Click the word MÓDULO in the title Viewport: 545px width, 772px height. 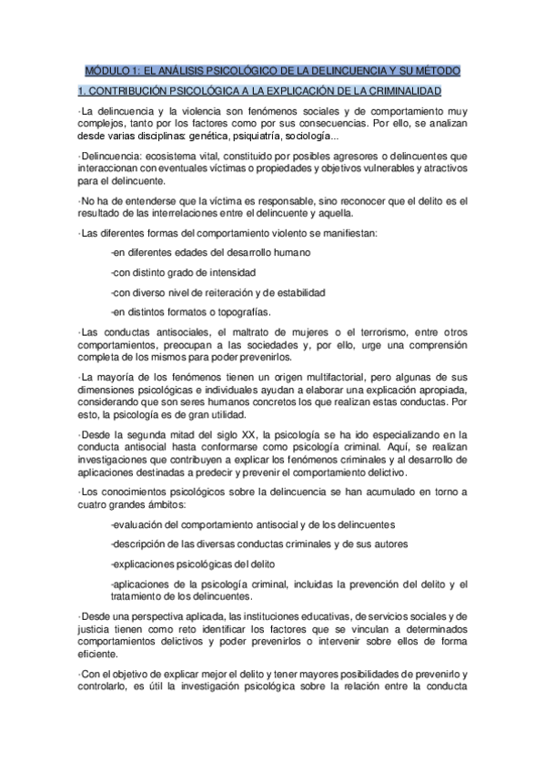(x=106, y=70)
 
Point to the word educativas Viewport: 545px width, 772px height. (x=309, y=617)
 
